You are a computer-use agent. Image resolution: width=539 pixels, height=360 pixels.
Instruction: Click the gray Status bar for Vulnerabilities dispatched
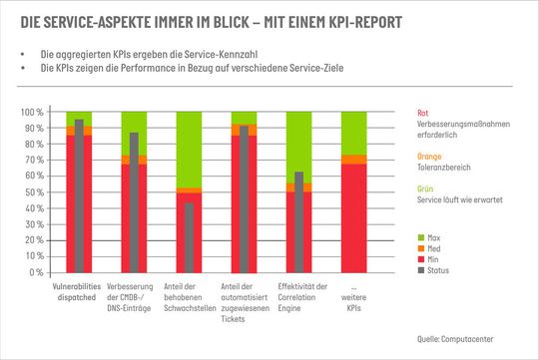coord(79,195)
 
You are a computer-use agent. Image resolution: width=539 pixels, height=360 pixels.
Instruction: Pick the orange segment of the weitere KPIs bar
coord(353,160)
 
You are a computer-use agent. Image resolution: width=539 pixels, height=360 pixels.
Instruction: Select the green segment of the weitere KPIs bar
coord(353,133)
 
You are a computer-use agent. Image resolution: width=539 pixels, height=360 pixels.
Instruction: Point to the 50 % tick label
coord(35,192)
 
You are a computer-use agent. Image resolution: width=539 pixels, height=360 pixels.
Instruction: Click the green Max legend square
coord(421,235)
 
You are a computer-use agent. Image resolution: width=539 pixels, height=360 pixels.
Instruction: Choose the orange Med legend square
coord(421,246)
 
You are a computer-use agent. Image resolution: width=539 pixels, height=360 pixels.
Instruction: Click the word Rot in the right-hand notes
coord(424,114)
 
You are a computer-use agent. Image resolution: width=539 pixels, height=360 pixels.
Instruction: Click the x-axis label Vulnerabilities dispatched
coord(79,290)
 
